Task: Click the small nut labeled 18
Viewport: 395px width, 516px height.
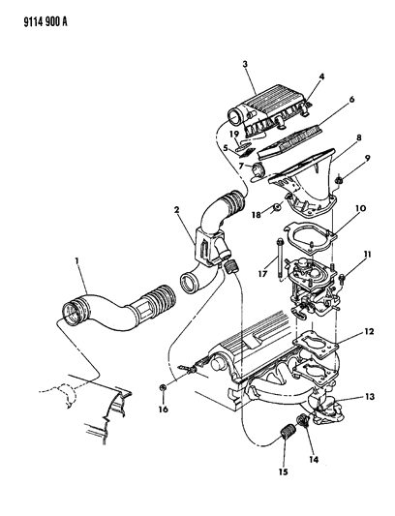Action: (277, 208)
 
